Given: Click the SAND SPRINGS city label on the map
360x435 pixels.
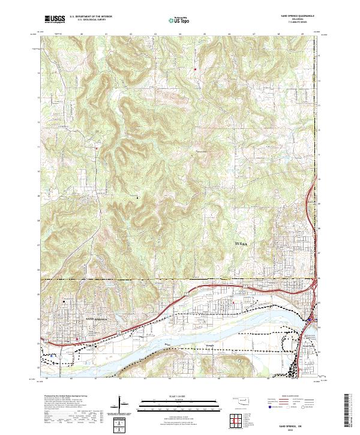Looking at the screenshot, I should [x=97, y=319].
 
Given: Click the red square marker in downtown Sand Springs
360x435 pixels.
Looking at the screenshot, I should [x=77, y=339].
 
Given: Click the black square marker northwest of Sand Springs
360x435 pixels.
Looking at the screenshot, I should [x=64, y=301].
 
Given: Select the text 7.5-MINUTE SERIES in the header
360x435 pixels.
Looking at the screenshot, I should [x=298, y=25].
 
